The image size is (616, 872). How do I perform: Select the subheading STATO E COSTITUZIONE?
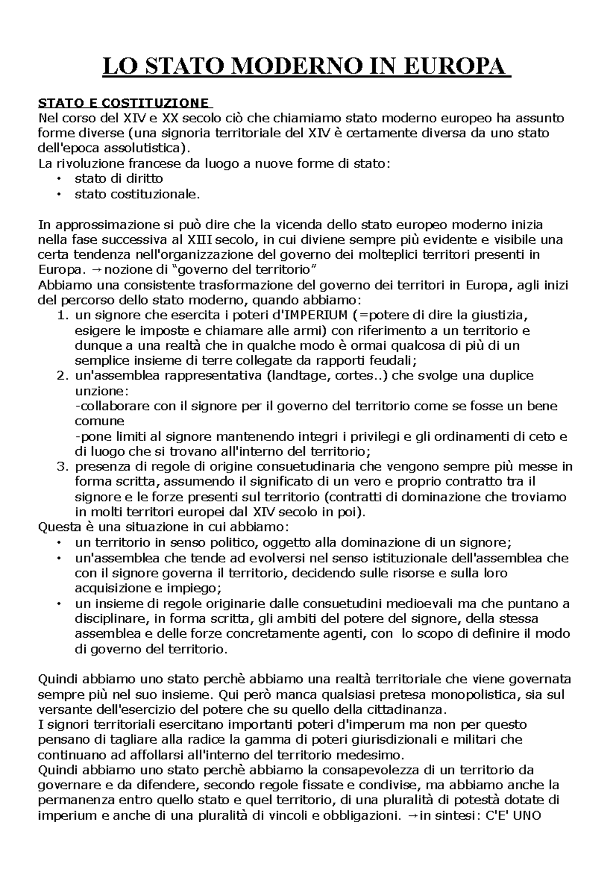pos(123,103)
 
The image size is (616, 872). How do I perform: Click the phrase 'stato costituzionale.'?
pos(136,194)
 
